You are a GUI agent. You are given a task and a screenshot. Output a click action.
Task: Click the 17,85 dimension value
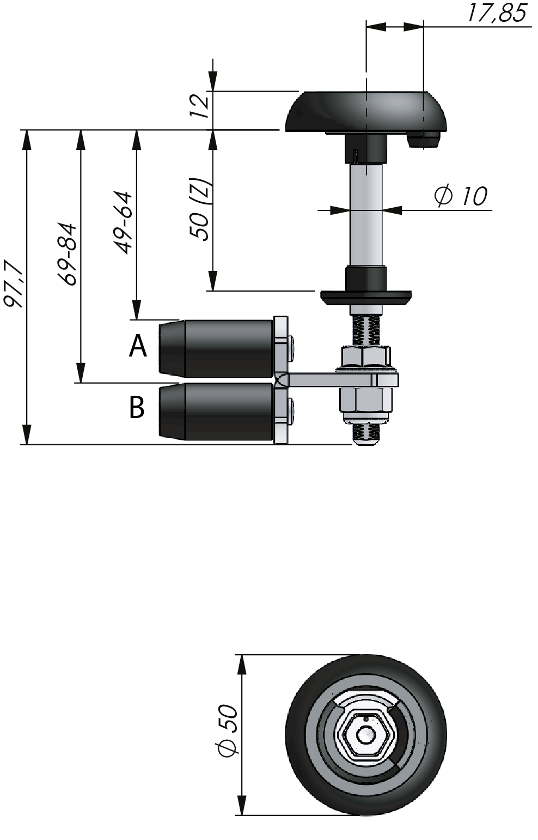point(497,13)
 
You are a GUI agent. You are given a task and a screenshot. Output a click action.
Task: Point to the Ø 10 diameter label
point(461,196)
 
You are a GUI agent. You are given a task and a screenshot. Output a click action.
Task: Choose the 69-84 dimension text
point(69,254)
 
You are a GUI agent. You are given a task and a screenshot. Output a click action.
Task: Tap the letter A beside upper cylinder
point(138,346)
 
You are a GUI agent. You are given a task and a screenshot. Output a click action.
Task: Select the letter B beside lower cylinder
point(137,407)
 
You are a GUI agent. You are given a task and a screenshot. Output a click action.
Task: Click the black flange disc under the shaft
point(365,298)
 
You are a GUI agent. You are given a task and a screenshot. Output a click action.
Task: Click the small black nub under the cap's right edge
point(423,140)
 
